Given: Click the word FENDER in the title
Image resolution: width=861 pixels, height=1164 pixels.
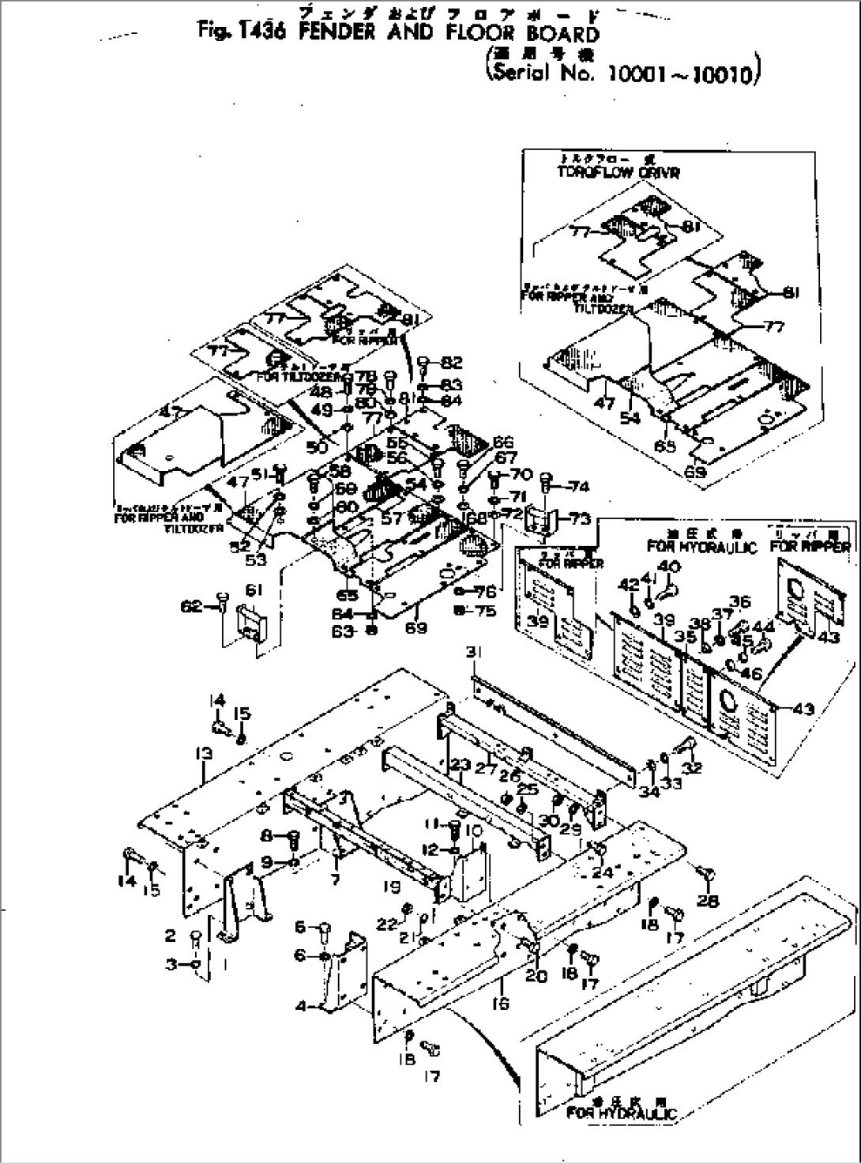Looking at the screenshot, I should pos(334,32).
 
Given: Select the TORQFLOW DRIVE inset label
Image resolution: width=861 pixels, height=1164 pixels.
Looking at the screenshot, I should pos(606,172).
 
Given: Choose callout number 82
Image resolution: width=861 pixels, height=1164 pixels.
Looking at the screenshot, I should pos(451,363).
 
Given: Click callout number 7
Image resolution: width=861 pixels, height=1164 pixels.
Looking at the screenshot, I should pos(335,878).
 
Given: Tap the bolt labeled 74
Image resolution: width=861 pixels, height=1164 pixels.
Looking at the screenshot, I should pos(545,479).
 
